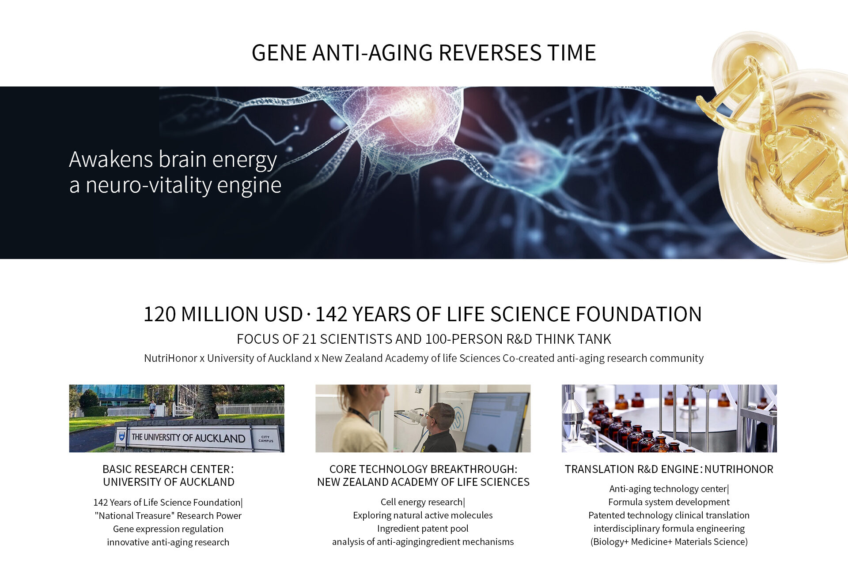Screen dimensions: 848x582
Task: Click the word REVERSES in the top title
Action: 490,53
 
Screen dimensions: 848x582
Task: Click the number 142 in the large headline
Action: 331,314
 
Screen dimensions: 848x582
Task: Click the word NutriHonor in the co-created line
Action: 170,358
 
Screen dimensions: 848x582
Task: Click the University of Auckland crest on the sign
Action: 122,436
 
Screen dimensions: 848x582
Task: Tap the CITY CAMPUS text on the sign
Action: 266,439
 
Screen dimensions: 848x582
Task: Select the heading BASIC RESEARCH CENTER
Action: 168,469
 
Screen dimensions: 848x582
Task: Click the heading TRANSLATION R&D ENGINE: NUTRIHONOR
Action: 669,469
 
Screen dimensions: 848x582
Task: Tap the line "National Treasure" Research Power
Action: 168,515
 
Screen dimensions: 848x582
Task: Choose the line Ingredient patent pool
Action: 423,528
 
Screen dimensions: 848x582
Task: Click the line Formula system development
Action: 669,502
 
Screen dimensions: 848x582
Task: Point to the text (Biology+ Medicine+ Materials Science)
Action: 669,541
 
